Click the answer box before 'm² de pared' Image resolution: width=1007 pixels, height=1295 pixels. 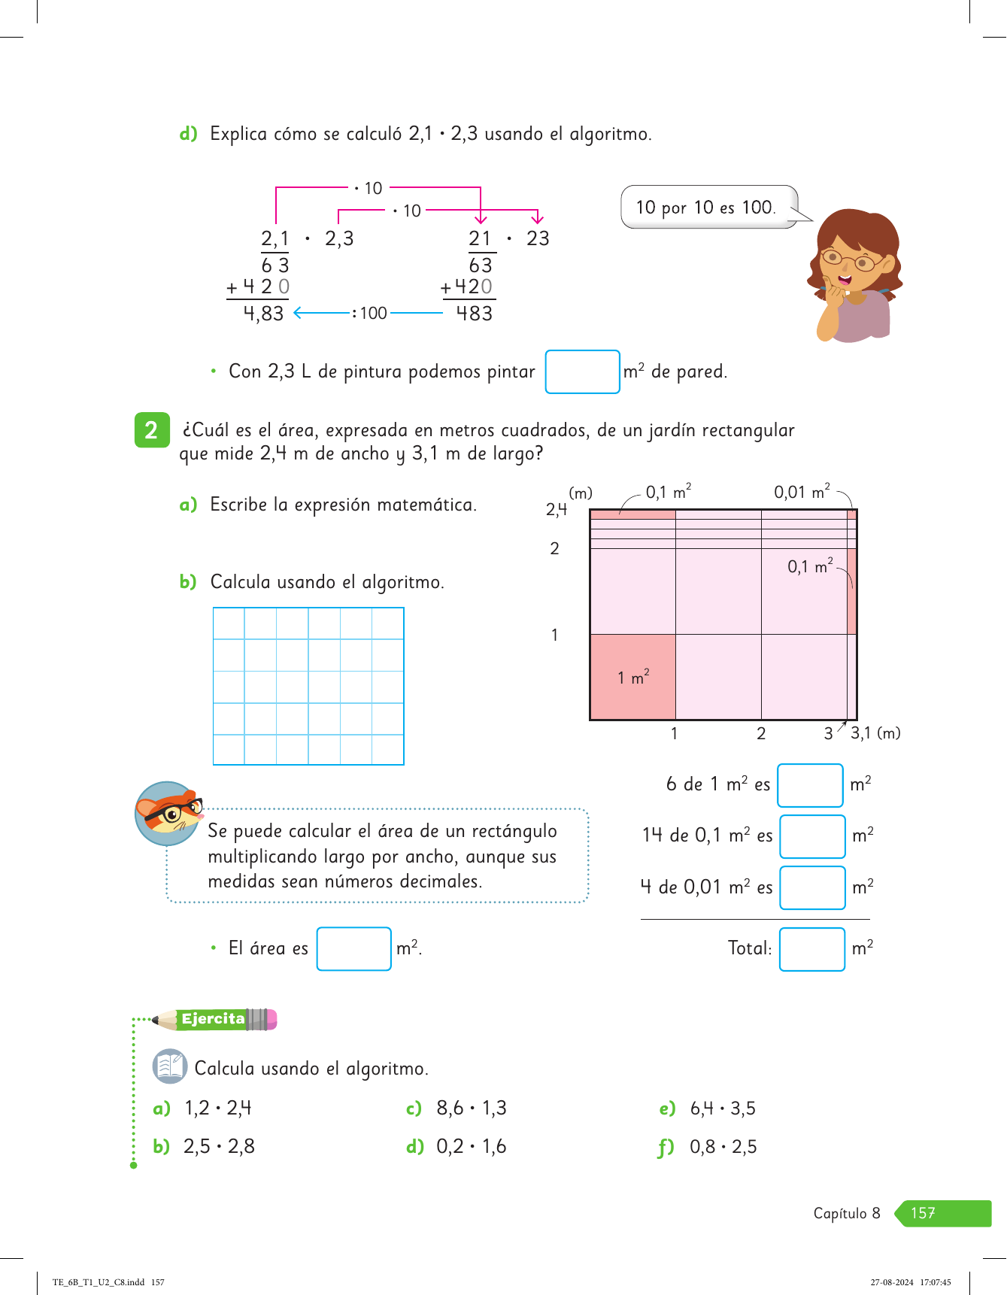click(582, 372)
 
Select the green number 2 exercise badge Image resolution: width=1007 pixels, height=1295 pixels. click(152, 430)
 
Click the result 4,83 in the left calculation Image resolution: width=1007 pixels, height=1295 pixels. click(263, 314)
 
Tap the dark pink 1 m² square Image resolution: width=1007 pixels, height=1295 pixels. click(632, 677)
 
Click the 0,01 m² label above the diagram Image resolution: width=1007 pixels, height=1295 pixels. click(802, 492)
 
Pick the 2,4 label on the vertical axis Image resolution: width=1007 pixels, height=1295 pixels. click(557, 510)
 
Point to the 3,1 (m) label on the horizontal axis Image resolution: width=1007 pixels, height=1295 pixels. click(875, 732)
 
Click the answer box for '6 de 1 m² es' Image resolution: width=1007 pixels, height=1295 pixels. click(810, 785)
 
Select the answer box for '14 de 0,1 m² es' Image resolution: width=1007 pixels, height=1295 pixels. click(812, 836)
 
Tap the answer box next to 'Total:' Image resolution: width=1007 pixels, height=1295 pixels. click(812, 949)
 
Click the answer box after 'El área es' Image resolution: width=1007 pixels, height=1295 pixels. click(353, 949)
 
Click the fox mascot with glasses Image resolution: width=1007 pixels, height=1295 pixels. click(168, 813)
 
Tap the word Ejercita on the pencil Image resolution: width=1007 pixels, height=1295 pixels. click(213, 1019)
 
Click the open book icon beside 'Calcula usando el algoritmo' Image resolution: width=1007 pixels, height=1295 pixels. click(170, 1066)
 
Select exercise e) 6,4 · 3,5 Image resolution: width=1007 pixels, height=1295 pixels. click(708, 1108)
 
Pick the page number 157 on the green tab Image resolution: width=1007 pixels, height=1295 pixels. click(923, 1213)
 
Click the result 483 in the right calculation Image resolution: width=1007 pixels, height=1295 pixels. click(475, 313)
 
